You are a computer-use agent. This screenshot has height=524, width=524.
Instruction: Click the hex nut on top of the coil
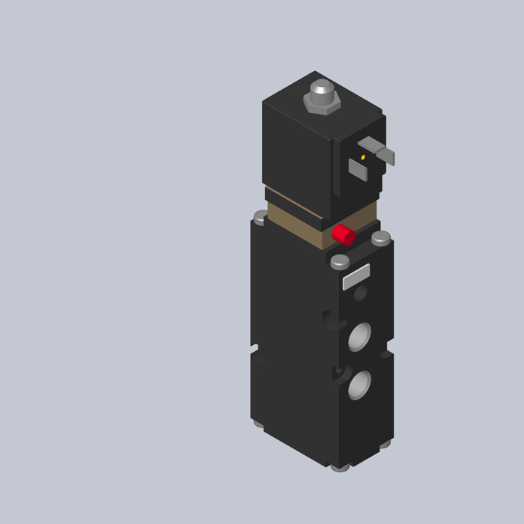tap(322, 103)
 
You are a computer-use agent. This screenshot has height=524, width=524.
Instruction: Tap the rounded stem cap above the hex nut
tap(322, 89)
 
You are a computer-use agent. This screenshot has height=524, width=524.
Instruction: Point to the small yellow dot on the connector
tap(363, 157)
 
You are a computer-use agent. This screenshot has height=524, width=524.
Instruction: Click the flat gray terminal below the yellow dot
tap(358, 170)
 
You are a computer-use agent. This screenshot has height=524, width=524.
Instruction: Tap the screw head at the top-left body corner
tap(261, 217)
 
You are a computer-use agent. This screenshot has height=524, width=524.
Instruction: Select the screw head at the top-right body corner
tap(381, 238)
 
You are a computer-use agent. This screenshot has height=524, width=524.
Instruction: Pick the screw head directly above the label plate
tap(340, 261)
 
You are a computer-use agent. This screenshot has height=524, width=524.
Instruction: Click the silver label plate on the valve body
tap(356, 276)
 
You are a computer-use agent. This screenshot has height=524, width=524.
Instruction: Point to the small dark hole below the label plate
tap(360, 294)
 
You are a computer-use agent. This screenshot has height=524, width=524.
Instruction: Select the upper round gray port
tap(359, 337)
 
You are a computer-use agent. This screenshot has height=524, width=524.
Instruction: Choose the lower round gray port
tap(359, 385)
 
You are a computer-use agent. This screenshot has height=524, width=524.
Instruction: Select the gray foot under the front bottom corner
tap(341, 467)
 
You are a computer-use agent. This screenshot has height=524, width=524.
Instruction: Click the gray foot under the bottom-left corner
tap(258, 424)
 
